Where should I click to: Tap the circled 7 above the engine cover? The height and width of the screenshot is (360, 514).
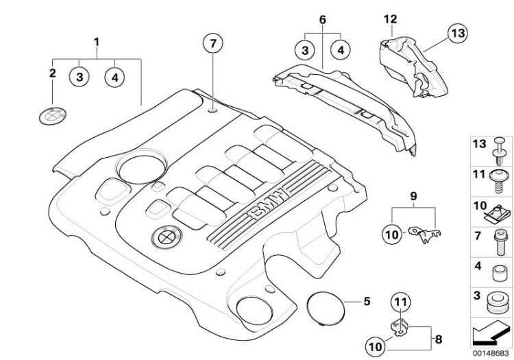point(213,44)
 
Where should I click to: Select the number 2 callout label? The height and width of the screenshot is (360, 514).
point(53,71)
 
